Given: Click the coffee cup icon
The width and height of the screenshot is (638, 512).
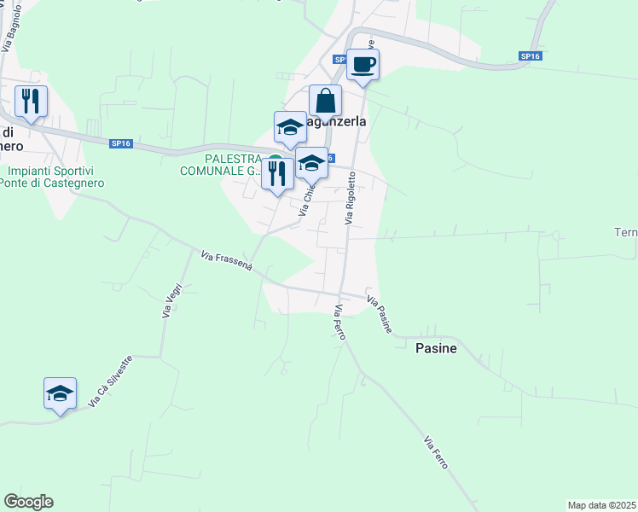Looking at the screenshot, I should pos(362,65).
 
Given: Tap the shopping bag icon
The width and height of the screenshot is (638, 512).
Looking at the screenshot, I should pos(325,101).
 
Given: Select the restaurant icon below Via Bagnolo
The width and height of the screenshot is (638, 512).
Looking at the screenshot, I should pos(31,102).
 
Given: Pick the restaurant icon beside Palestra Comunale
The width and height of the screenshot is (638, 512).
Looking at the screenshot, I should pos(277,174).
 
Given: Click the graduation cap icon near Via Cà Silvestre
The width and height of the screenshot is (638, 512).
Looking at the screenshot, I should pos(60,393).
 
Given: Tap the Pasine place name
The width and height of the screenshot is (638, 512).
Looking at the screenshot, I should pos(436,348).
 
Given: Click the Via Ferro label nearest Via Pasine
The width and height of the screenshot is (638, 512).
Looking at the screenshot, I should pos(340,323).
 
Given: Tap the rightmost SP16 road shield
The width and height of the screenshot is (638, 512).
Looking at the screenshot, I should pos(530,56).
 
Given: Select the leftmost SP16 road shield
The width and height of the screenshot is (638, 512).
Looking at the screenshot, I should pos(120,144).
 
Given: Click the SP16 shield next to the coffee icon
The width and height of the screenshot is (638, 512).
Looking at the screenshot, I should pos(339,60).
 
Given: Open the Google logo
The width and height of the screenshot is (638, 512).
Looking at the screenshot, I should pos(28,502).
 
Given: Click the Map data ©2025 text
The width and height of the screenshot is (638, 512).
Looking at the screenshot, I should pos(602,505).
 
